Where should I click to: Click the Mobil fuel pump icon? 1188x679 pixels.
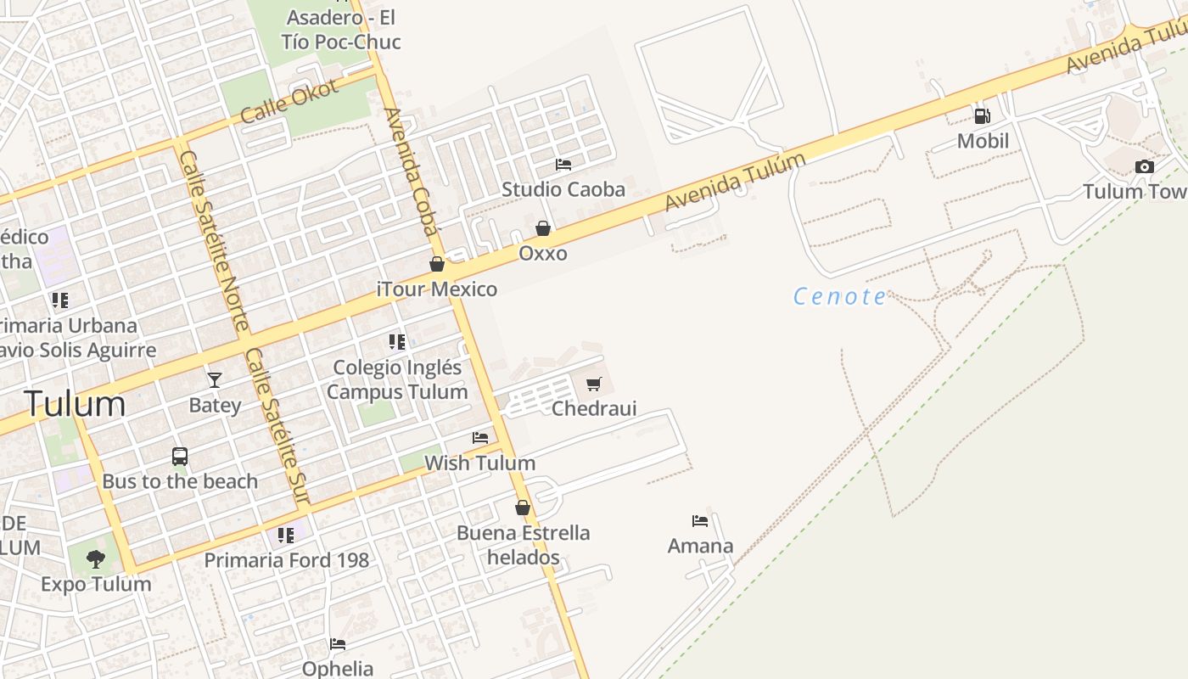982,115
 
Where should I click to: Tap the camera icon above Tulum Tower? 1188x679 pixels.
1145,166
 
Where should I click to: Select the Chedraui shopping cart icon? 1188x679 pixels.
594,384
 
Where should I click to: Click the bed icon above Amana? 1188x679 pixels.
700,520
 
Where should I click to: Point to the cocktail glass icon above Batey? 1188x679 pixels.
215,379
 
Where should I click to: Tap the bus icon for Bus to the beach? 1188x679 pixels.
180,457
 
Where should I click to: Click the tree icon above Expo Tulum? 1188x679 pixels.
96,558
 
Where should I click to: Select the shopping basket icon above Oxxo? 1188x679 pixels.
543,228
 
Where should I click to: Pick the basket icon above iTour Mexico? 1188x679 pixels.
437,264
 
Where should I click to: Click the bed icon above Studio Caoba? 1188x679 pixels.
563,164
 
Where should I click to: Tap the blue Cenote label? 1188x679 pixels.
840,296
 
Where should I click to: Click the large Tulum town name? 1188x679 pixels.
76,403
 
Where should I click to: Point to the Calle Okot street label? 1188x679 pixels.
289,101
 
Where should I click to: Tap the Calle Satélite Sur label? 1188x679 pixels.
277,427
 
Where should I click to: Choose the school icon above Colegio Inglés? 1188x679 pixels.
397,342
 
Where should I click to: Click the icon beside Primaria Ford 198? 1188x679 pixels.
286,536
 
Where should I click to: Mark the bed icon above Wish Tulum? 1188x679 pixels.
480,438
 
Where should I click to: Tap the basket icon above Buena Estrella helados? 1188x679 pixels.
523,508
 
